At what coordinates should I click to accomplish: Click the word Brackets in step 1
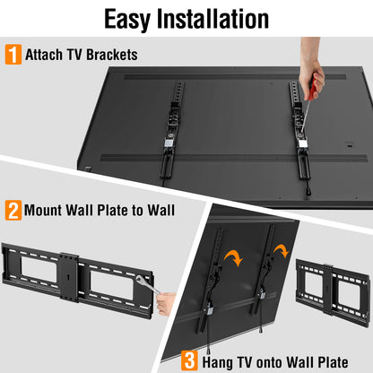[x=111, y=55]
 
